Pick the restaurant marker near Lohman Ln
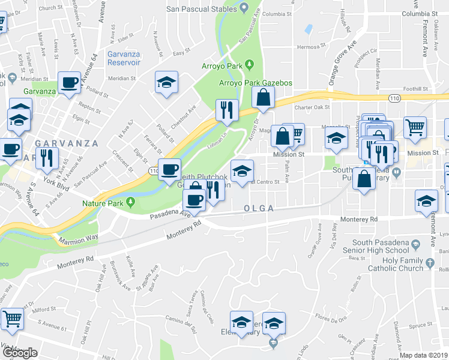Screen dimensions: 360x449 (x=227, y=110)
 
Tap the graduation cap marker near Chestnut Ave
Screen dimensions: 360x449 (x=166, y=83)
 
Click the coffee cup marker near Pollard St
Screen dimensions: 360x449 (x=70, y=83)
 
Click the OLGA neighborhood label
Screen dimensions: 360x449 (x=259, y=208)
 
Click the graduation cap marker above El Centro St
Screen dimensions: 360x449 (x=241, y=170)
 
